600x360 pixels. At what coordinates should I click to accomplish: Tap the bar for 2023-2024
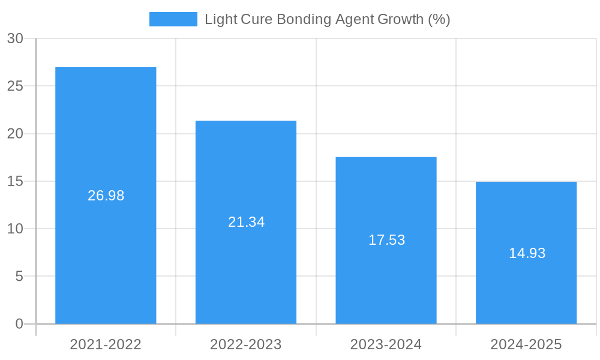click(x=386, y=282)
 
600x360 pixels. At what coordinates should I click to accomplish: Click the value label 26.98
click(x=106, y=196)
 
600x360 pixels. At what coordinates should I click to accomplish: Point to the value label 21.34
click(x=246, y=222)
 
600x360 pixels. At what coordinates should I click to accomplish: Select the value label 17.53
click(x=386, y=240)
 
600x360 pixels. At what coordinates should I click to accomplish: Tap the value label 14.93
click(x=527, y=253)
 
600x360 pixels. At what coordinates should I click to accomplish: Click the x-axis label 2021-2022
click(x=106, y=344)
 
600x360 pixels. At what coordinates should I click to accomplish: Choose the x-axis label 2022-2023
click(x=246, y=344)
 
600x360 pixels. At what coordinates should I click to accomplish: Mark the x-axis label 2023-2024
click(x=386, y=344)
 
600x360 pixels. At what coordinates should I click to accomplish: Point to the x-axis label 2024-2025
click(x=526, y=344)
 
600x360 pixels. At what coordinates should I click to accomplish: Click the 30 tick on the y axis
click(x=15, y=38)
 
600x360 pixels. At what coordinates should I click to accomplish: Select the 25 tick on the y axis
click(x=15, y=86)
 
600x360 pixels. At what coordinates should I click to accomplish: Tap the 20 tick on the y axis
click(x=15, y=134)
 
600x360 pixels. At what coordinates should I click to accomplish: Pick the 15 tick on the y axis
click(x=15, y=181)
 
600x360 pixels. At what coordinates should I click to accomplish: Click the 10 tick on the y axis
click(x=15, y=229)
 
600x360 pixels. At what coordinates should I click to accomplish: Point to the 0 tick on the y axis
click(x=19, y=324)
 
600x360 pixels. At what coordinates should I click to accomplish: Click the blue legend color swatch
click(x=173, y=19)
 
